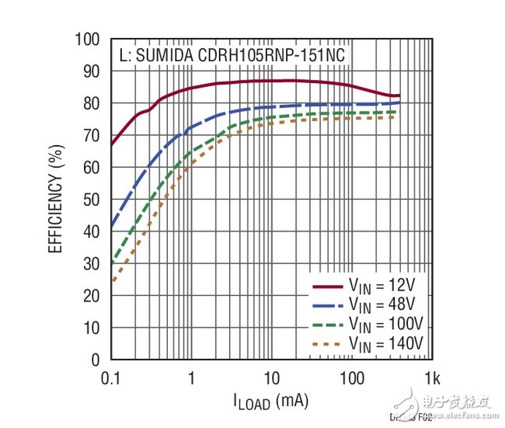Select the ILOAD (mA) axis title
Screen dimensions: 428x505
coord(271,403)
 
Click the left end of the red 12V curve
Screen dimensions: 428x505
coord(112,144)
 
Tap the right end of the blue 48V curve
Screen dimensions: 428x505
coord(399,103)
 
